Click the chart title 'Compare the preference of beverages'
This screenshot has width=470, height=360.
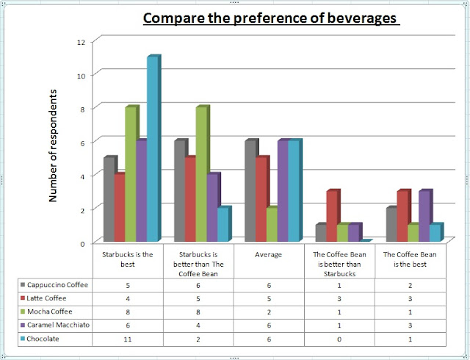(x=271, y=18)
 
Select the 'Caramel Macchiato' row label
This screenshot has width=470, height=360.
(x=59, y=325)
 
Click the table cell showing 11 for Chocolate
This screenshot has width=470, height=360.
(x=129, y=339)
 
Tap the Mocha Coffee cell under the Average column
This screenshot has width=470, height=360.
(x=271, y=312)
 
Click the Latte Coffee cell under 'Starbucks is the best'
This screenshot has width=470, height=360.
(x=129, y=298)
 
